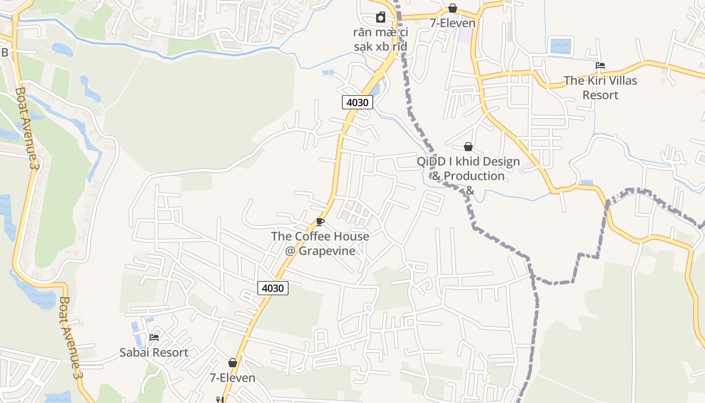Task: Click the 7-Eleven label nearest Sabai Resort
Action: (x=233, y=377)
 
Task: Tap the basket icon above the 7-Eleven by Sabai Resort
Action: (x=233, y=363)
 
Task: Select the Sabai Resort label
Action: (x=154, y=352)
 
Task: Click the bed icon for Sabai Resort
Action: (x=154, y=337)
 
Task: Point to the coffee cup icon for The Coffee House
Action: (x=320, y=222)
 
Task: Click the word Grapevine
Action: (x=327, y=250)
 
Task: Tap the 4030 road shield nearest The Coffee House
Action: (x=273, y=288)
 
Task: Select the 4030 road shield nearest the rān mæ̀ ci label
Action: (x=358, y=102)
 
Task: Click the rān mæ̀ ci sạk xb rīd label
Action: (x=380, y=39)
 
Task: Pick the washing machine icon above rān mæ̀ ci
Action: (x=380, y=17)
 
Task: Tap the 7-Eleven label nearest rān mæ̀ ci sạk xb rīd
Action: (x=452, y=23)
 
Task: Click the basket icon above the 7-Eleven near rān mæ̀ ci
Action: (x=453, y=8)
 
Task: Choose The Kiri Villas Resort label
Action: (x=600, y=88)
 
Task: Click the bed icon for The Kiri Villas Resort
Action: (x=600, y=65)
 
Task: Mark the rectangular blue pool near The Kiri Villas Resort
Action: (x=561, y=46)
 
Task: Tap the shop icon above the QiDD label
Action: (x=468, y=147)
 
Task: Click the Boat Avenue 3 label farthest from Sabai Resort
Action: (x=27, y=128)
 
